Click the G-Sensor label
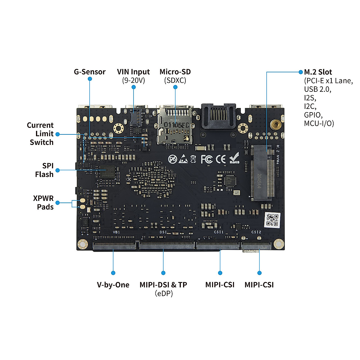pyautogui.click(x=89, y=72)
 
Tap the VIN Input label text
pyautogui.click(x=133, y=72)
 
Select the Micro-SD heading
pyautogui.click(x=175, y=72)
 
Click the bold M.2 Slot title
pyautogui.click(x=318, y=72)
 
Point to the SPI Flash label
pyautogui.click(x=44, y=170)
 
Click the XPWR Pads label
pyautogui.click(x=43, y=202)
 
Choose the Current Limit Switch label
pyautogui.click(x=40, y=134)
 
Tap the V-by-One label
pyautogui.click(x=113, y=285)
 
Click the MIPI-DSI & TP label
pyautogui.click(x=163, y=285)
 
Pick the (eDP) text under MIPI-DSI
pyautogui.click(x=163, y=293)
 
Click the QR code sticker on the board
pyautogui.click(x=272, y=220)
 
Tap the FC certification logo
pyautogui.click(x=207, y=159)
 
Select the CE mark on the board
pyautogui.click(x=221, y=159)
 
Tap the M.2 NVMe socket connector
pyautogui.click(x=263, y=172)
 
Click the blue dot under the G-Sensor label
pyautogui.click(x=90, y=79)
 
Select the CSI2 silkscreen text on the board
pyautogui.click(x=256, y=232)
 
